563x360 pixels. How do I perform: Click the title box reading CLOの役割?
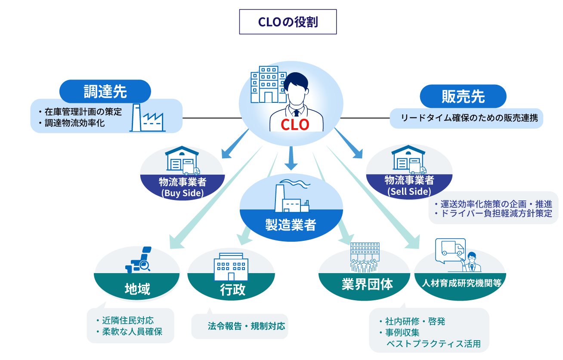coord(288,22)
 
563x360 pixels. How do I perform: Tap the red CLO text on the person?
coord(295,124)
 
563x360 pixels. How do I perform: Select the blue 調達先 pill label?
coord(105,91)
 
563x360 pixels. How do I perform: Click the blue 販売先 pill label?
coord(463,96)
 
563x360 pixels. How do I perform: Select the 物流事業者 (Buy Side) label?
coord(182,187)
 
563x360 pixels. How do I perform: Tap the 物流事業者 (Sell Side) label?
coord(409,185)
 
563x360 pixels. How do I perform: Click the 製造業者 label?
coord(291,225)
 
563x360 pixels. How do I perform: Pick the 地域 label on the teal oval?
coord(137,289)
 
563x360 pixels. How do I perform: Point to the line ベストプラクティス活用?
coord(433,344)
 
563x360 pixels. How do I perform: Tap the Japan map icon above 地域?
coord(139,261)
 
